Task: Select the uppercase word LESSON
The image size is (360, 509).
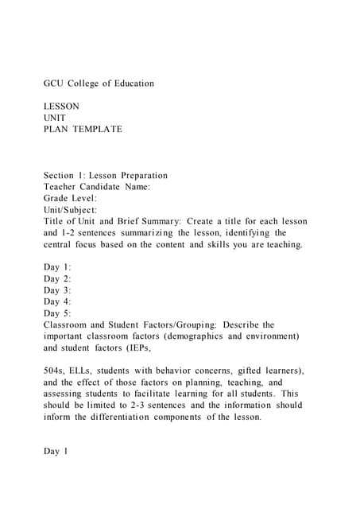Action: click(x=61, y=106)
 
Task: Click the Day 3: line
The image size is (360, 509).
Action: click(x=57, y=290)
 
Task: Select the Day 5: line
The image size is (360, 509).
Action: click(x=57, y=313)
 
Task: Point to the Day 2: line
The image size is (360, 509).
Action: click(x=57, y=279)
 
